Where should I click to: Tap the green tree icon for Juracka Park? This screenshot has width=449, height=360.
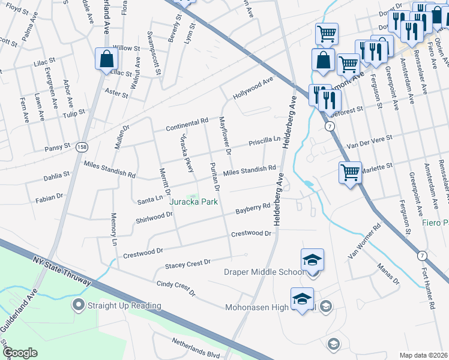(193, 199)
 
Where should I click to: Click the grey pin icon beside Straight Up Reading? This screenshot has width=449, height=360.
(78, 306)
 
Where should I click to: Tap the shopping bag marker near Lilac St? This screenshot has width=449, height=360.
(106, 59)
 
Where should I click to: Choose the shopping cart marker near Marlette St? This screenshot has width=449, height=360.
(350, 173)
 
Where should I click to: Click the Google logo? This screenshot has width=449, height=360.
(20, 353)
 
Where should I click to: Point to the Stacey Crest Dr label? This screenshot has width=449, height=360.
(188, 263)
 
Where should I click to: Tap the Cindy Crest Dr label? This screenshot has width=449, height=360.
(176, 289)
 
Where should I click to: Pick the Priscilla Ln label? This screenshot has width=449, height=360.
(265, 141)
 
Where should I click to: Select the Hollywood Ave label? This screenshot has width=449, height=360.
(253, 88)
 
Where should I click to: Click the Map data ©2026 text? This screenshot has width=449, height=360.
(424, 355)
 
